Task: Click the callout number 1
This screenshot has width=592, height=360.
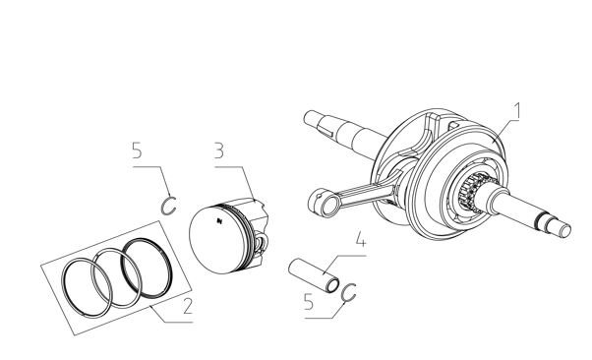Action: click(x=517, y=111)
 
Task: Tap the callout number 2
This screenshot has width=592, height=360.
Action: click(x=187, y=306)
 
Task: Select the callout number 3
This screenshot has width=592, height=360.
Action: click(x=219, y=150)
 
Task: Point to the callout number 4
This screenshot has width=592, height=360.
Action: click(x=361, y=239)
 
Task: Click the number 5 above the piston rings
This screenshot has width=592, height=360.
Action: click(x=137, y=150)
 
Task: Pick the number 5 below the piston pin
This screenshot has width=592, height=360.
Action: click(x=309, y=302)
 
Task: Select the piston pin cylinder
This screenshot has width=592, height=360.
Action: click(x=314, y=274)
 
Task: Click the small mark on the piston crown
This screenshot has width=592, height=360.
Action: click(x=219, y=220)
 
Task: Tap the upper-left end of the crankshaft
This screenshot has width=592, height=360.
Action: click(x=308, y=117)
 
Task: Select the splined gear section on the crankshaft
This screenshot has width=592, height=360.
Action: click(x=470, y=192)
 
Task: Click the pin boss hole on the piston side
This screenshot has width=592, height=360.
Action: click(x=262, y=243)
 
